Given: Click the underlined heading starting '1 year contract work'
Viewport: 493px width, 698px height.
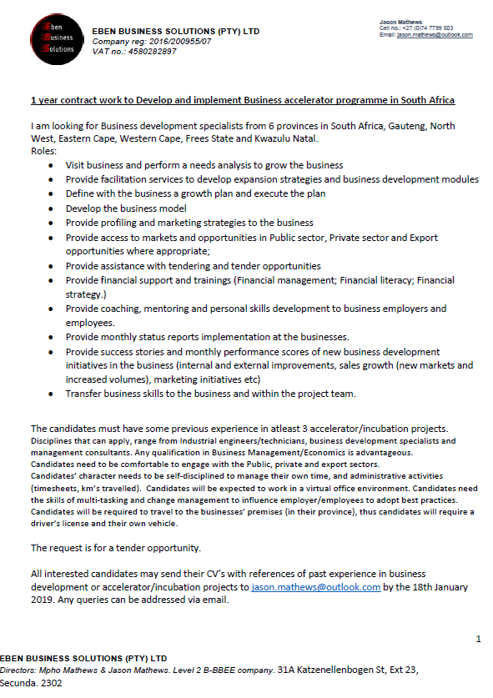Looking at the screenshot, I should tap(243, 100).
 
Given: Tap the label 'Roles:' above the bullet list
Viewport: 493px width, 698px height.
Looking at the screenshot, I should tap(43, 151).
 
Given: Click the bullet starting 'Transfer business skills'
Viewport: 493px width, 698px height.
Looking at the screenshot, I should tap(210, 393).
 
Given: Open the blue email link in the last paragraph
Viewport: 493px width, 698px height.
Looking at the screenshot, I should tap(315, 587).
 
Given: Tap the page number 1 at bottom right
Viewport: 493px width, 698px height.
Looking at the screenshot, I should tap(478, 638).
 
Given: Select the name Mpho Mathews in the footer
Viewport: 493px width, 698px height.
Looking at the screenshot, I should tap(63, 670).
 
